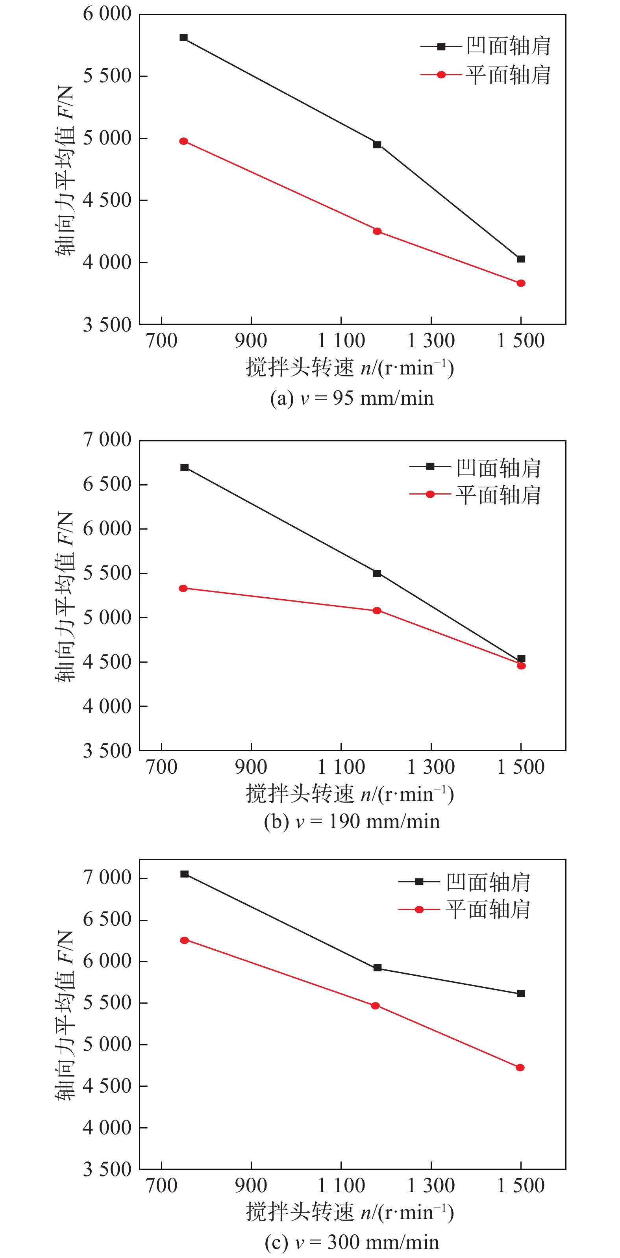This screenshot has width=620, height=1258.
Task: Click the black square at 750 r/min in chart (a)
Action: pyautogui.click(x=183, y=38)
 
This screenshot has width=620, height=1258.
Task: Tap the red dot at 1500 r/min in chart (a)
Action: pyautogui.click(x=521, y=283)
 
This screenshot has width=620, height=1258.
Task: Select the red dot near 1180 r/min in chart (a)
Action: pyautogui.click(x=377, y=231)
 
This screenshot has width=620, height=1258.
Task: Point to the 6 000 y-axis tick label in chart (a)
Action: pyautogui.click(x=107, y=14)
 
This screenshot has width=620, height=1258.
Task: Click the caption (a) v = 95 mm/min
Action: pyautogui.click(x=352, y=398)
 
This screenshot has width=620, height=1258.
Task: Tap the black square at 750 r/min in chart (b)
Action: pyautogui.click(x=185, y=467)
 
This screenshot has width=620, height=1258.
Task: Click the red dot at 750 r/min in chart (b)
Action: pyautogui.click(x=183, y=589)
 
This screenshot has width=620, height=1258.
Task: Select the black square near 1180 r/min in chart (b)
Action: pyautogui.click(x=377, y=573)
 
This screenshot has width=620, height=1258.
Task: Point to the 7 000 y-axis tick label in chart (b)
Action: pyautogui.click(x=107, y=439)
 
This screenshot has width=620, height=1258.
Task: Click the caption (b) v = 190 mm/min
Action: pyautogui.click(x=352, y=821)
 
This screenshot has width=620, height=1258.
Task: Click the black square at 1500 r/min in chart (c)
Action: pyautogui.click(x=521, y=993)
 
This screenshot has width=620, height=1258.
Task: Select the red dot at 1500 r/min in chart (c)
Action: pyautogui.click(x=520, y=1067)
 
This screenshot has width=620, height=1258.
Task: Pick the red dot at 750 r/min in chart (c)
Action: pyautogui.click(x=185, y=940)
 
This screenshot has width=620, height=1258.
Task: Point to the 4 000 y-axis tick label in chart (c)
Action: pyautogui.click(x=107, y=1128)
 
